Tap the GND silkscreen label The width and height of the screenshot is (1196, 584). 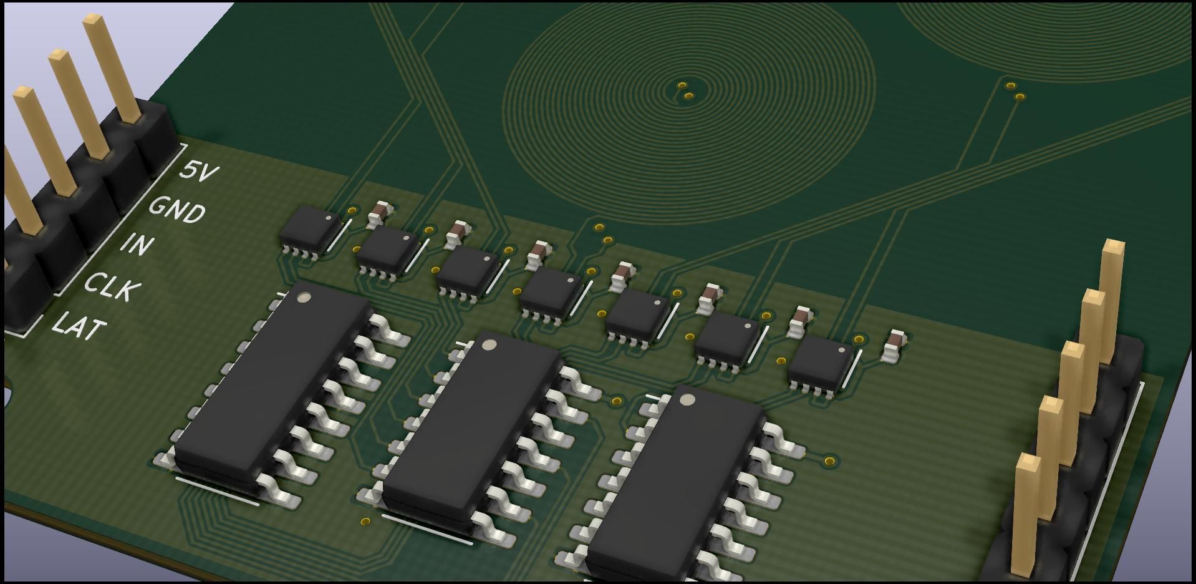(x=176, y=209)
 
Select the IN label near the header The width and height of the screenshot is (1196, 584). (x=136, y=244)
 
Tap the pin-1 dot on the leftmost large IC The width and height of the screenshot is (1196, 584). (x=305, y=298)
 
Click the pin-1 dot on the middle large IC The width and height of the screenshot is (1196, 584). (x=489, y=344)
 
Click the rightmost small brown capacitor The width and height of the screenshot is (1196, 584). (x=895, y=346)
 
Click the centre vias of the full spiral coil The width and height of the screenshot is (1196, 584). (x=685, y=90)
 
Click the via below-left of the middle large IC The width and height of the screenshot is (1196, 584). (x=365, y=521)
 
